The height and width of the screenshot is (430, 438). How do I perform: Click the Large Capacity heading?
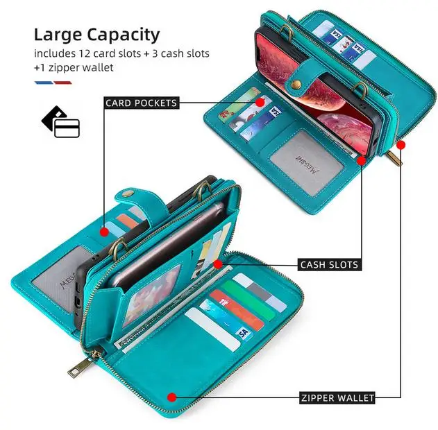(96, 34)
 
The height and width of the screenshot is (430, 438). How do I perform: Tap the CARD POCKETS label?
(142, 103)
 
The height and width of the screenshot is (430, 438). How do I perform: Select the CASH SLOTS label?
(328, 264)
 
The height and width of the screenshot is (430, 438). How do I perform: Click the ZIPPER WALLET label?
(337, 398)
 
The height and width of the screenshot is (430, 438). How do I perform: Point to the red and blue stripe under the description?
(53, 83)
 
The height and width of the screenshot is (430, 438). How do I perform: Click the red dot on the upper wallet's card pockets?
(260, 103)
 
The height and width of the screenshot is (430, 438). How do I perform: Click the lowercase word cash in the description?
(178, 53)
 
